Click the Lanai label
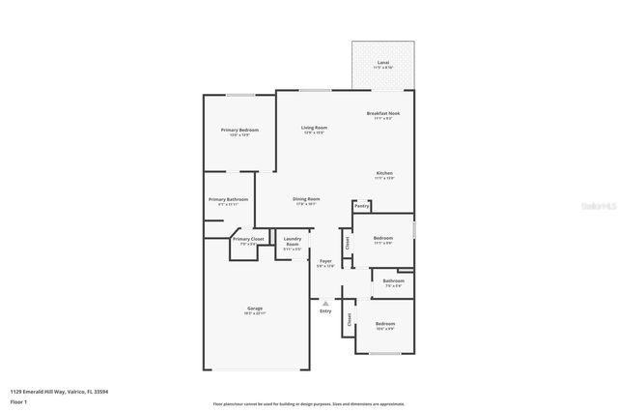(383, 62)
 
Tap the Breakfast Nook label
(383, 113)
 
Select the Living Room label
(314, 128)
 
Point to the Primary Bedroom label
(239, 130)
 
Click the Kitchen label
(383, 173)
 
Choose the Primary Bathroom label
(228, 199)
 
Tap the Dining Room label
(306, 199)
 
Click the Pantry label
(361, 206)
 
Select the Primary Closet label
(248, 239)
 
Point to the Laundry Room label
(293, 242)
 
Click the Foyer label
(325, 261)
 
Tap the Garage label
(254, 309)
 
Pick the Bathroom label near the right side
(394, 280)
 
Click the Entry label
(325, 310)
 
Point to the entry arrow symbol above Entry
(325, 302)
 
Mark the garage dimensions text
(254, 313)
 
